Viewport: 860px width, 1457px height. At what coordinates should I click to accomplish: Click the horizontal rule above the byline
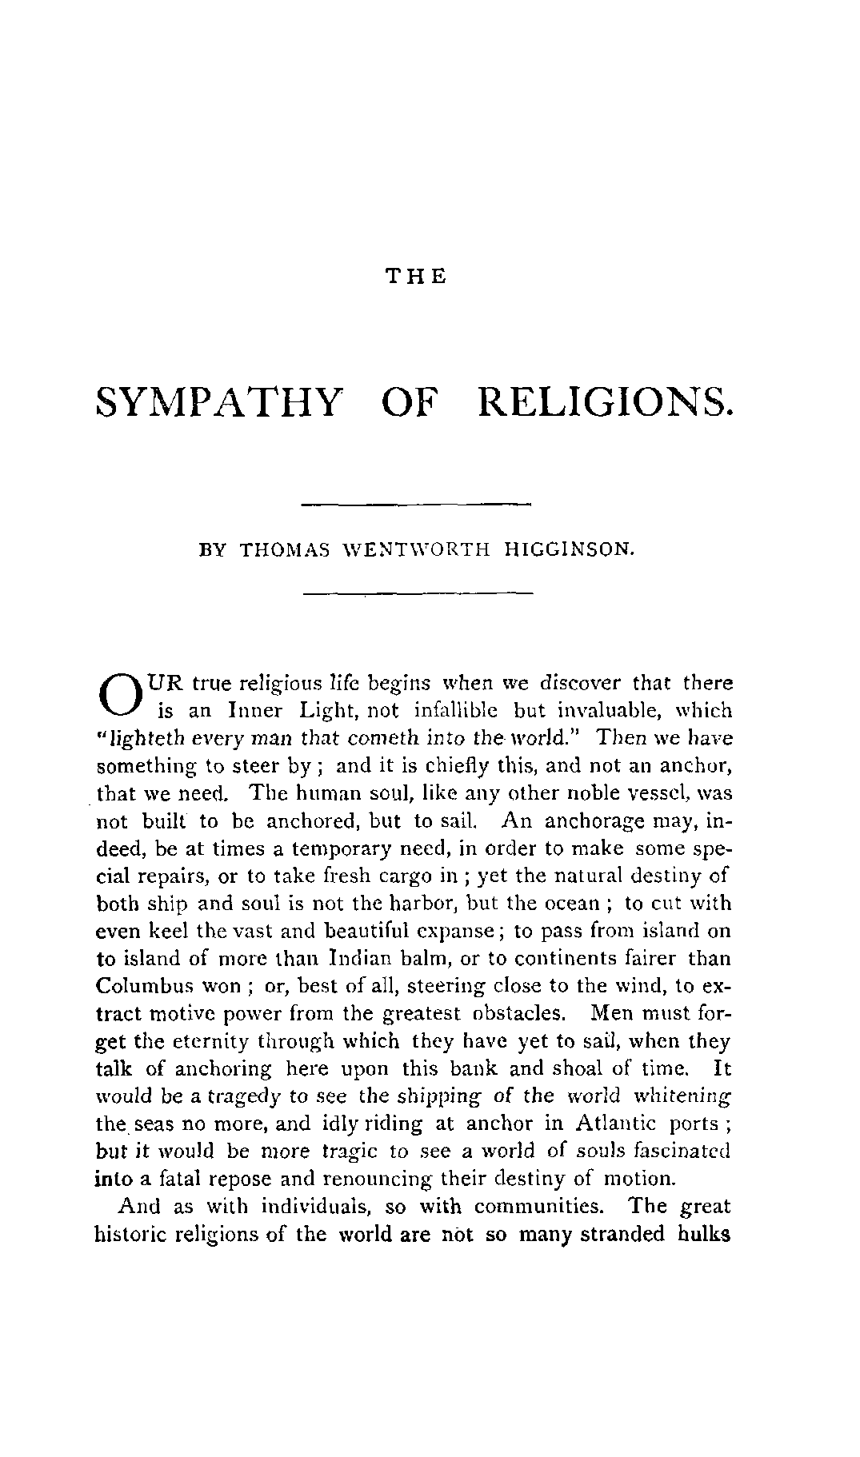pos(417,504)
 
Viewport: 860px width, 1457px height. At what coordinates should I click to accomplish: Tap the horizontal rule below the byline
pos(417,593)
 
